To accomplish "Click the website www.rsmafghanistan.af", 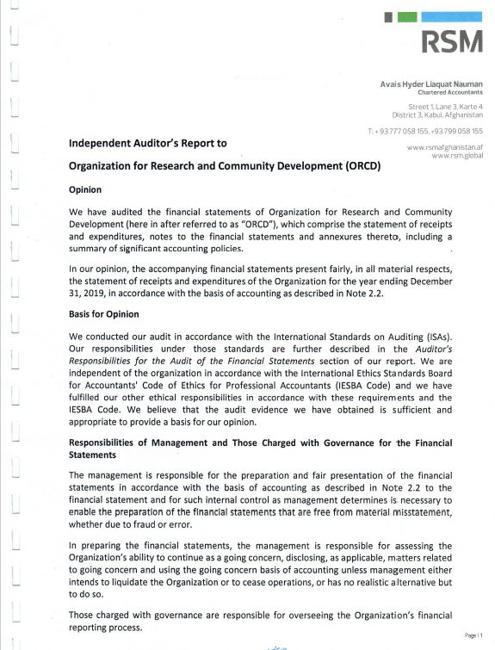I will (x=443, y=148).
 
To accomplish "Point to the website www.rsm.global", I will (x=456, y=155).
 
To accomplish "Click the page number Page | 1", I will (x=472, y=634).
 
